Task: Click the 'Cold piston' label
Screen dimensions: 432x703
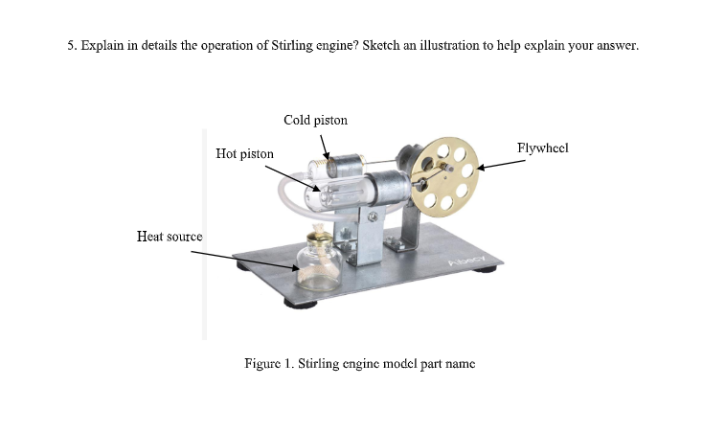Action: pyautogui.click(x=315, y=120)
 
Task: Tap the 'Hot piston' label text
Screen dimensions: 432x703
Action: pyautogui.click(x=244, y=153)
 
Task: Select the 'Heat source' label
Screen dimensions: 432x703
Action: pyautogui.click(x=170, y=236)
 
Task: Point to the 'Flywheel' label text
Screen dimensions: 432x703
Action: pyautogui.click(x=542, y=148)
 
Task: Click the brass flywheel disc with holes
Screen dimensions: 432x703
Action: pyautogui.click(x=446, y=173)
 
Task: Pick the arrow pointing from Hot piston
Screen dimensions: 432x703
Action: pyautogui.click(x=287, y=177)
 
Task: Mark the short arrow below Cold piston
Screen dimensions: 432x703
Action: pyautogui.click(x=326, y=147)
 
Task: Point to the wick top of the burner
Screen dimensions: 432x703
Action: pyautogui.click(x=316, y=236)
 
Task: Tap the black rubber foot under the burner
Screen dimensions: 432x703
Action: pyautogui.click(x=301, y=305)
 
